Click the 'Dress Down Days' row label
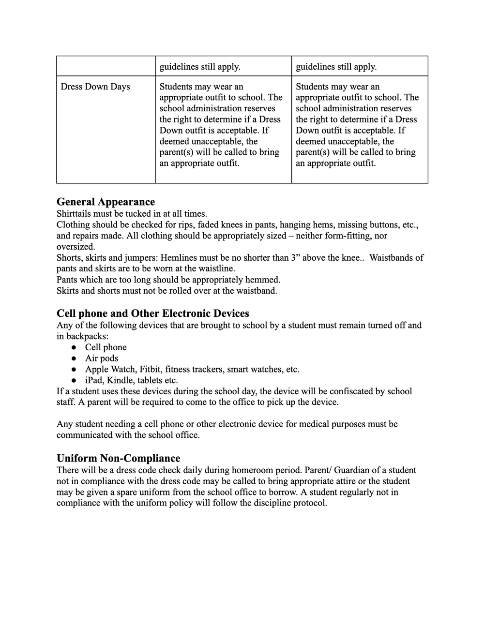click(x=95, y=87)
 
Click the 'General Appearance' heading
click(x=106, y=202)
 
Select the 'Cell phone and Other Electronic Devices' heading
click(x=152, y=313)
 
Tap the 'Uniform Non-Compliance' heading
click(x=118, y=458)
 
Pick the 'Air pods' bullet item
click(x=102, y=358)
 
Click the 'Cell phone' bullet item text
click(x=106, y=347)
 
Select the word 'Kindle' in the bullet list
click(x=120, y=380)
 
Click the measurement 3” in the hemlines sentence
click(x=296, y=258)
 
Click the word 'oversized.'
click(x=76, y=247)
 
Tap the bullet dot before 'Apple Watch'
click(x=74, y=370)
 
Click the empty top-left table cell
click(x=106, y=66)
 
